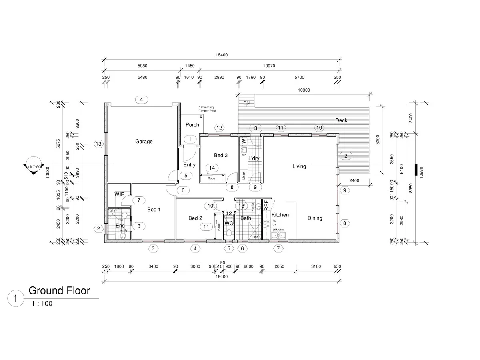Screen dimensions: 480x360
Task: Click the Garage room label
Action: tap(144, 142)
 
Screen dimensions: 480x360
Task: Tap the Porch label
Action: tap(192, 125)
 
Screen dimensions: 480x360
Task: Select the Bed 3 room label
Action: tap(220, 156)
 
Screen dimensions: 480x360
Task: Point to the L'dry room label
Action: tap(254, 159)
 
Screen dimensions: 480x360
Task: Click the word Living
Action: tap(299, 166)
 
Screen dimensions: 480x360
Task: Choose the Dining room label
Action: tap(315, 218)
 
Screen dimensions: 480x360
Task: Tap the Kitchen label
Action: tap(280, 215)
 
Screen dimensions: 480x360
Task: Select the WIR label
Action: tap(120, 194)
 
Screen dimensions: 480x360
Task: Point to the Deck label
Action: tap(341, 120)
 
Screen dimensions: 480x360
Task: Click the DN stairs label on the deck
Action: tap(246, 103)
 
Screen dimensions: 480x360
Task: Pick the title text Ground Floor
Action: tap(59, 291)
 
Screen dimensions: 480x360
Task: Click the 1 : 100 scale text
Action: tap(42, 304)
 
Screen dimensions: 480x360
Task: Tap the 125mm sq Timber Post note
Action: tap(207, 109)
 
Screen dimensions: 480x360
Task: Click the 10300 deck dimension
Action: tap(304, 90)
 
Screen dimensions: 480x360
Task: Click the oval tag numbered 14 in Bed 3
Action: tap(212, 168)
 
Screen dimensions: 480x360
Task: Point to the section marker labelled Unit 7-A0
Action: tap(34, 164)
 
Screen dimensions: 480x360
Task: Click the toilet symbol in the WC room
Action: tap(229, 234)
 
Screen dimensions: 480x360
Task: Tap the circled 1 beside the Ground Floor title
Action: tap(16, 298)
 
